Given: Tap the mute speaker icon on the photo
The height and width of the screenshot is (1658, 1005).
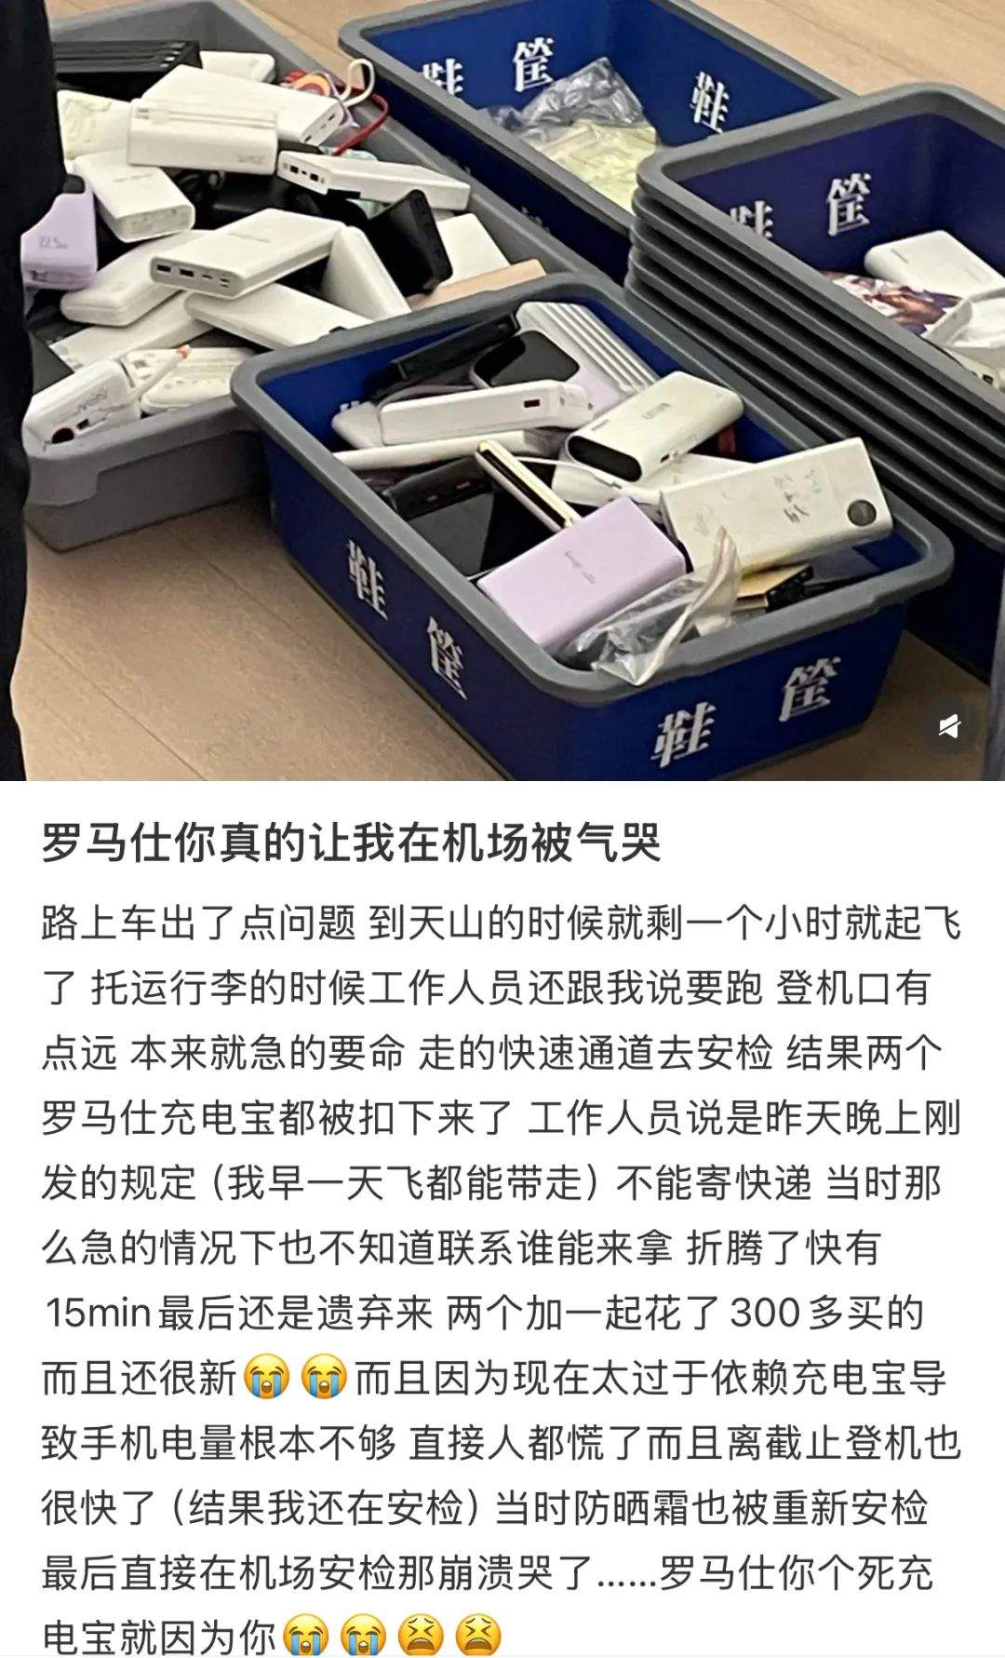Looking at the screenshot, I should click(948, 725).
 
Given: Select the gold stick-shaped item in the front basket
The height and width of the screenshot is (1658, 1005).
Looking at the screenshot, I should click(517, 485).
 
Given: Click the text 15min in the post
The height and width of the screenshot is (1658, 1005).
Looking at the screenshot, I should click(99, 1313).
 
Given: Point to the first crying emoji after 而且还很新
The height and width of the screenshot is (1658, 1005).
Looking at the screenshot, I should click(267, 1378).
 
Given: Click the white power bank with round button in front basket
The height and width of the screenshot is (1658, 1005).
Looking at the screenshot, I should click(782, 507).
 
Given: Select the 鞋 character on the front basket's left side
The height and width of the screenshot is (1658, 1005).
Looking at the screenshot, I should click(368, 578).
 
